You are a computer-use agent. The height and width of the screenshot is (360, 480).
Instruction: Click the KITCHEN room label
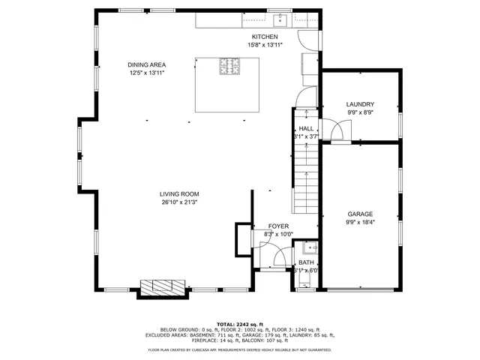[x=264, y=37]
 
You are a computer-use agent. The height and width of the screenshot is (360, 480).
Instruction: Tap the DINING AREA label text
[x=146, y=64]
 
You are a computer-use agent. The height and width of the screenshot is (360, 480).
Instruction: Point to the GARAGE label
[x=360, y=214]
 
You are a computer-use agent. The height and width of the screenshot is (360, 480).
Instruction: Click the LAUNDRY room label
[x=360, y=104]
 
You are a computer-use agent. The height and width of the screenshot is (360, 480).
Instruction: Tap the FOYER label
[x=278, y=226]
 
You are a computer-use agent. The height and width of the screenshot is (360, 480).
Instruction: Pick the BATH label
[x=306, y=262]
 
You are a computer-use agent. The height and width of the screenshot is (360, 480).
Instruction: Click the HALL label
[x=306, y=128]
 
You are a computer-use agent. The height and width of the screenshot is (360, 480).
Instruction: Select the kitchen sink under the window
[x=280, y=19]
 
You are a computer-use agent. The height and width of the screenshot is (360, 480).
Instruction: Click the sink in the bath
[x=310, y=247]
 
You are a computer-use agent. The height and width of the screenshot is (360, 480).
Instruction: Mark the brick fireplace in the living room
[x=162, y=287]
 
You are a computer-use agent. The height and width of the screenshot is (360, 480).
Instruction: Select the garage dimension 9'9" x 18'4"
[x=360, y=222]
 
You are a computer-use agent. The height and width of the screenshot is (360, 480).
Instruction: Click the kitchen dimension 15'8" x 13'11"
[x=264, y=45]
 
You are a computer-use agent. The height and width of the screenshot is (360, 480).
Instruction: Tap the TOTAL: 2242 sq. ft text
[x=239, y=322]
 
